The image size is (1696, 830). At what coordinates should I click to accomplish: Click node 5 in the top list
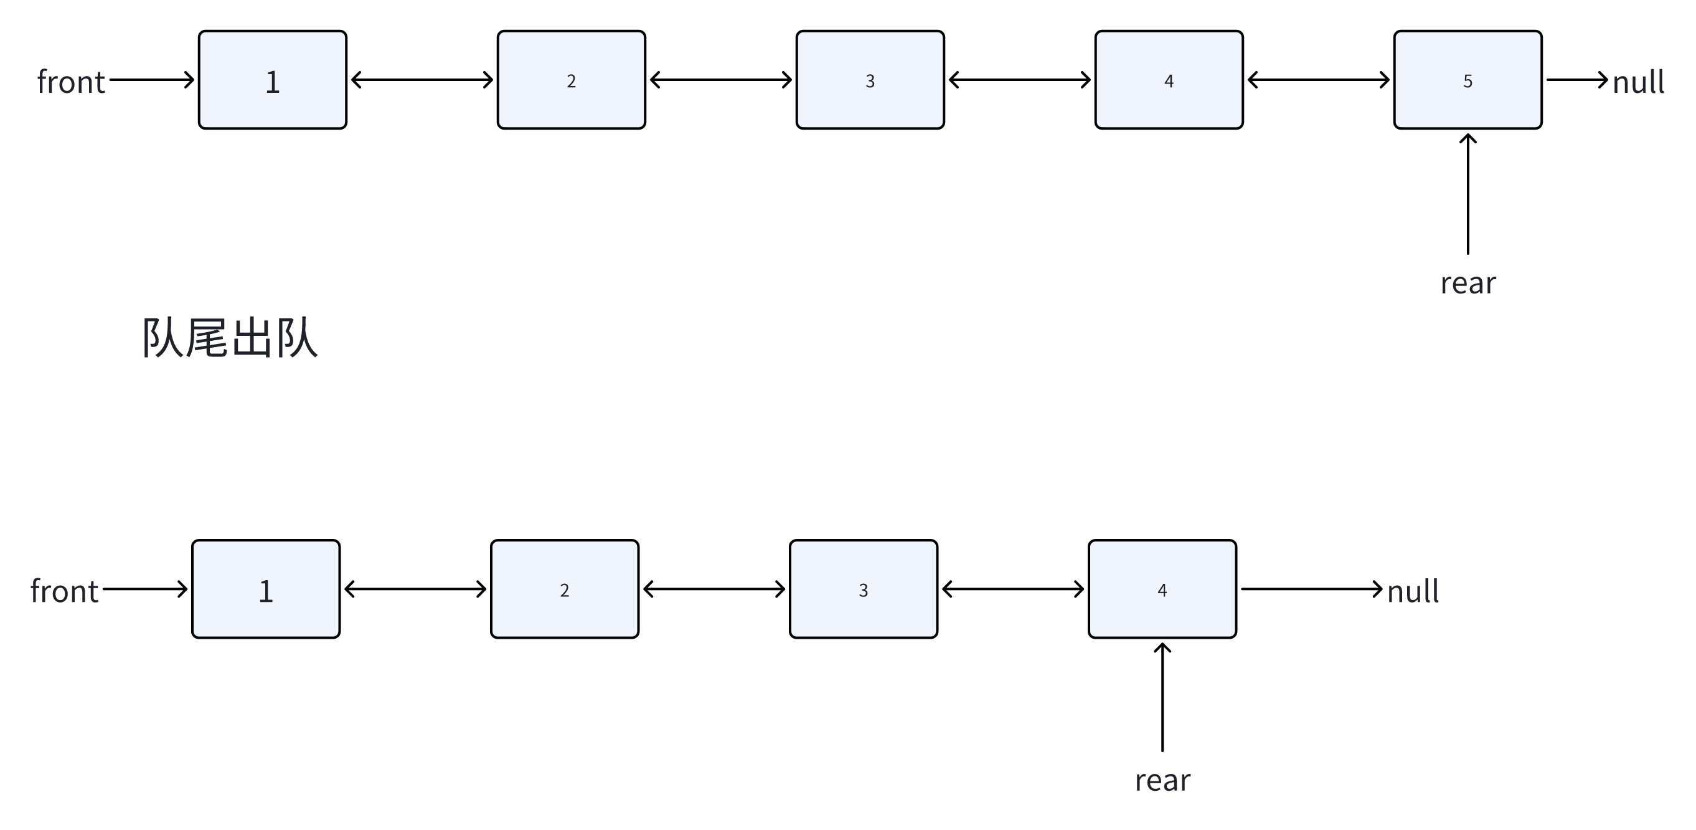tap(1467, 80)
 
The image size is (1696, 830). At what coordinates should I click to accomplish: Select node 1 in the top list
tap(273, 80)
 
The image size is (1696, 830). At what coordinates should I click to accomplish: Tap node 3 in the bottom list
tap(863, 589)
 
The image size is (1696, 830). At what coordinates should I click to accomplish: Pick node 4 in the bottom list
tap(1162, 589)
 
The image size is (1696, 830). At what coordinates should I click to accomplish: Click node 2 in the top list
tap(571, 80)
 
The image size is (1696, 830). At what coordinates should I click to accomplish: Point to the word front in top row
tap(71, 82)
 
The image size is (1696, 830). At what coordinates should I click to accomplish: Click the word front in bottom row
tap(65, 591)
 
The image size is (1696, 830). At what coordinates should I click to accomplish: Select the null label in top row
tap(1637, 82)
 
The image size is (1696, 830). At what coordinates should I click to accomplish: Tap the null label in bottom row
tap(1412, 591)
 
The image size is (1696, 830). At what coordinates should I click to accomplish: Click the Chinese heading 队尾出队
tap(230, 338)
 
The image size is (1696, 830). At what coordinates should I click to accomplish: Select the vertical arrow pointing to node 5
tap(1468, 194)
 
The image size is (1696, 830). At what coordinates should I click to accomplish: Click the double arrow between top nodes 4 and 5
tap(1318, 80)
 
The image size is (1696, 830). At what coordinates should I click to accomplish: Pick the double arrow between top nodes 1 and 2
tap(422, 80)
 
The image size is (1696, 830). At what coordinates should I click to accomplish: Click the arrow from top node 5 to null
tap(1576, 80)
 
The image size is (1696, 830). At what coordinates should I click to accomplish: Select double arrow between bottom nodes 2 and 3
tap(714, 589)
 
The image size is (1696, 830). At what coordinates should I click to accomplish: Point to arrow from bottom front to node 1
tap(145, 589)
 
